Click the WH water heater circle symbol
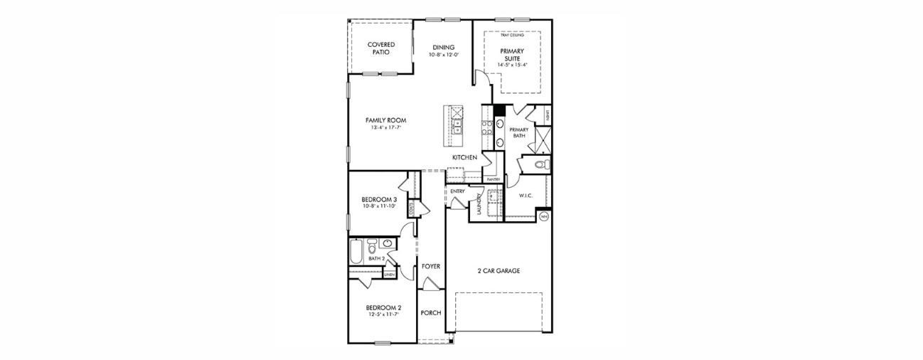pyautogui.click(x=545, y=216)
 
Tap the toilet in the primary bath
pyautogui.click(x=541, y=165)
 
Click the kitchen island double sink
pyautogui.click(x=457, y=127)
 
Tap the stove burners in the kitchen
pyautogui.click(x=488, y=127)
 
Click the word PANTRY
pyautogui.click(x=493, y=179)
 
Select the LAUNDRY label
pyautogui.click(x=480, y=203)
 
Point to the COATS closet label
pyautogui.click(x=412, y=208)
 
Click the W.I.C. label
pyautogui.click(x=525, y=195)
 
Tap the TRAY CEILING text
pyautogui.click(x=512, y=35)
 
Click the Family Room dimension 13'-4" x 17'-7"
pyautogui.click(x=386, y=128)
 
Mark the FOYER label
pyautogui.click(x=431, y=266)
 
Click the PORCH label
pyautogui.click(x=431, y=313)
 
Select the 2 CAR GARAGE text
pyautogui.click(x=498, y=271)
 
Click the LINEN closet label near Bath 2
pyautogui.click(x=390, y=273)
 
